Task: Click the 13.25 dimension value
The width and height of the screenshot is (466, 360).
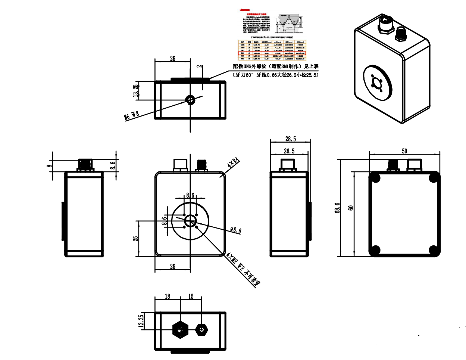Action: tap(136, 90)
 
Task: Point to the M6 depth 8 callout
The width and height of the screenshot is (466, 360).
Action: tap(131, 115)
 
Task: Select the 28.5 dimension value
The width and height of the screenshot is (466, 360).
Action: tap(290, 139)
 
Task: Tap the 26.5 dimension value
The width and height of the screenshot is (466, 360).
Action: tap(289, 151)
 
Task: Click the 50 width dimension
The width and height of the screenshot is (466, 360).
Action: tap(404, 151)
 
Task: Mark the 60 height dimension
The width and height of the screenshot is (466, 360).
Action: tap(350, 208)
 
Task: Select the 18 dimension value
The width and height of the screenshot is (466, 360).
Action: tap(167, 296)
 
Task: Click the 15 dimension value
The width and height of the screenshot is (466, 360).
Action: tap(191, 296)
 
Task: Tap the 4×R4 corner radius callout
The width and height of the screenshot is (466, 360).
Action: tap(233, 163)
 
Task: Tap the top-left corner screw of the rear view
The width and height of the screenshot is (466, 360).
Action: tap(375, 177)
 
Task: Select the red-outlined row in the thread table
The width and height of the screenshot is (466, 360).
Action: tap(272, 53)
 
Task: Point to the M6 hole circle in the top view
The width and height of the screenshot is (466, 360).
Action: tap(190, 99)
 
